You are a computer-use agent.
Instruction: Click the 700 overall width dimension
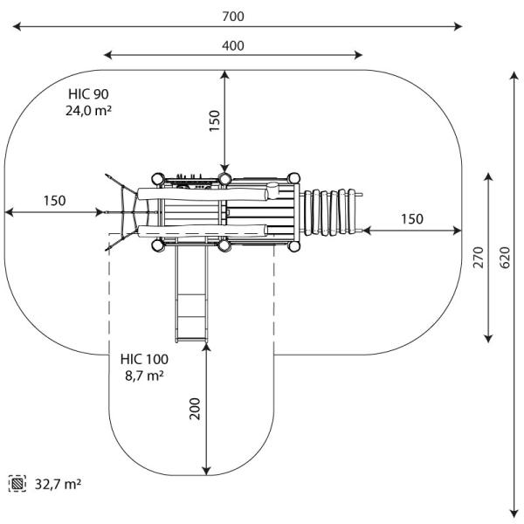(x=233, y=17)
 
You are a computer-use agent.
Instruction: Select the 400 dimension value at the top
(x=233, y=45)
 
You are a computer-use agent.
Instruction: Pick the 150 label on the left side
(x=54, y=201)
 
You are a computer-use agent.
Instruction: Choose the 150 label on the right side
(x=412, y=218)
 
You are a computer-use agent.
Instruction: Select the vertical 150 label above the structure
(x=215, y=121)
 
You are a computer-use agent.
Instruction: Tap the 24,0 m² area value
(x=89, y=111)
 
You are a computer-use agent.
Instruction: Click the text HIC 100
(x=145, y=359)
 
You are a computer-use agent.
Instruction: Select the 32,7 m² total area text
(x=59, y=483)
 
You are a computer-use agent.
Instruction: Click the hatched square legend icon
(x=17, y=483)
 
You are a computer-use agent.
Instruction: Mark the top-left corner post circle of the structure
(x=158, y=180)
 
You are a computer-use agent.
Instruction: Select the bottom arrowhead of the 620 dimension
(x=513, y=515)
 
